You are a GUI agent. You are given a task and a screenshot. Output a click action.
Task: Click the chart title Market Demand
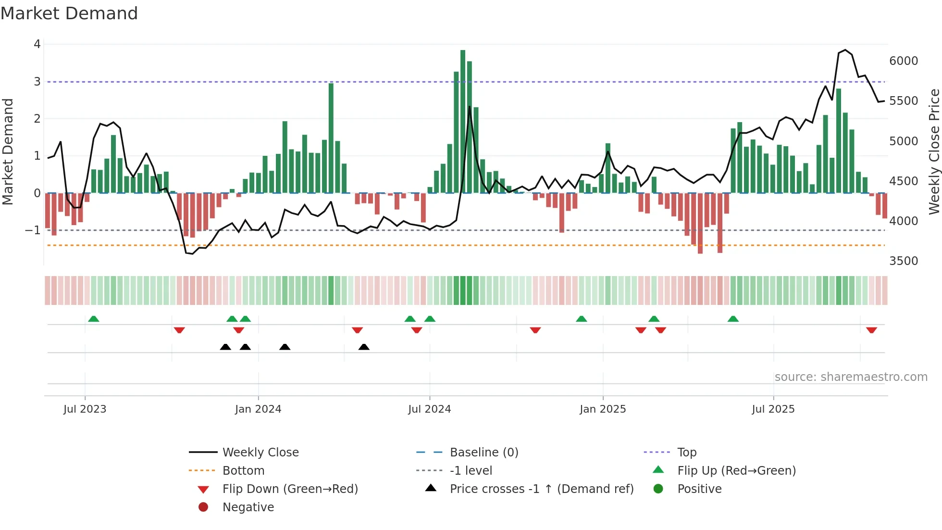[69, 13]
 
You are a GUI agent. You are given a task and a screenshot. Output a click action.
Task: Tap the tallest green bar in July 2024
[463, 120]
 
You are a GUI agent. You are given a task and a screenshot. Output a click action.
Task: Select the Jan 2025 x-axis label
[603, 409]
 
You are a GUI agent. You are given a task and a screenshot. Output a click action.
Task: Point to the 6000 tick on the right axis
[903, 61]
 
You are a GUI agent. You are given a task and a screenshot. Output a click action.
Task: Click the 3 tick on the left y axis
[37, 82]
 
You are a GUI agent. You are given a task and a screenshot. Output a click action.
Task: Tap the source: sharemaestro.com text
[851, 377]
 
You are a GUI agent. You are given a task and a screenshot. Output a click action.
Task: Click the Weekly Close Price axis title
[934, 151]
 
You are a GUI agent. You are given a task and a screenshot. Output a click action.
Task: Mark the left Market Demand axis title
[8, 151]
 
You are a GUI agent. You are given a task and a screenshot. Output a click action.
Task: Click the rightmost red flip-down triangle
[871, 330]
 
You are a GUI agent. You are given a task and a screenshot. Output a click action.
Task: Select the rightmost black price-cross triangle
[364, 347]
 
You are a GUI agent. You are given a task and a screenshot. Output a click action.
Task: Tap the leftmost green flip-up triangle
[94, 319]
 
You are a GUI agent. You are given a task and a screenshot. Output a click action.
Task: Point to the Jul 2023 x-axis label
[85, 409]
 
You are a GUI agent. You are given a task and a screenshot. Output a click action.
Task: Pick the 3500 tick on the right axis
[903, 261]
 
